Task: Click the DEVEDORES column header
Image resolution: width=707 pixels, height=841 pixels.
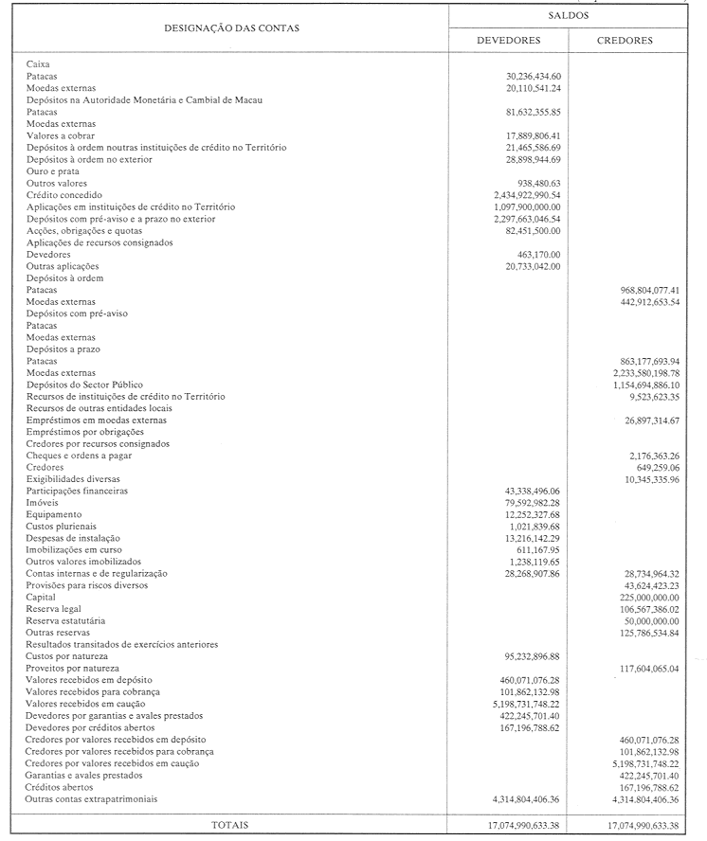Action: pyautogui.click(x=508, y=41)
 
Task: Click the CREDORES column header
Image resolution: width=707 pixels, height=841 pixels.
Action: pyautogui.click(x=625, y=41)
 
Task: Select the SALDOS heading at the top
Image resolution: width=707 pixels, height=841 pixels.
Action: pyautogui.click(x=567, y=16)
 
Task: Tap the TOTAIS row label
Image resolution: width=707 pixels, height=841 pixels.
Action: pyautogui.click(x=230, y=825)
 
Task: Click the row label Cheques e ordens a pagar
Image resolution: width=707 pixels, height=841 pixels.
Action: pyautogui.click(x=79, y=456)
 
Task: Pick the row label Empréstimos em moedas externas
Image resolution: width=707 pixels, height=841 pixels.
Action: pyautogui.click(x=97, y=420)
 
